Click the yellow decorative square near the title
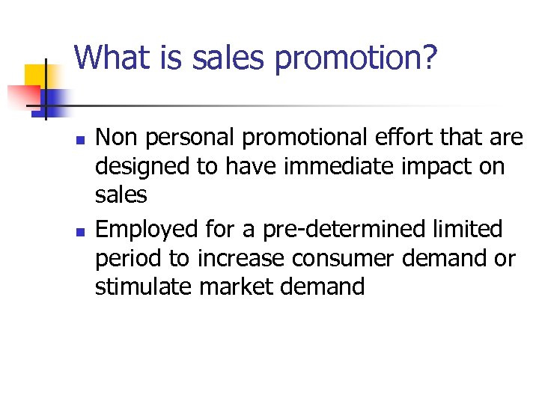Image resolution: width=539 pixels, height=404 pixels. (37, 76)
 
